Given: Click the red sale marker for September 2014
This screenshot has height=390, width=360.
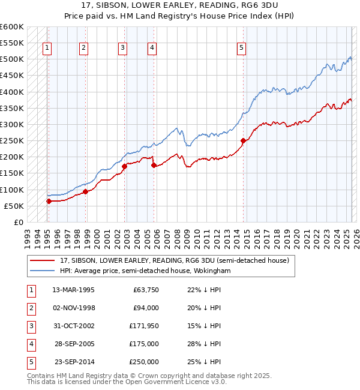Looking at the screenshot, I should coord(243,141).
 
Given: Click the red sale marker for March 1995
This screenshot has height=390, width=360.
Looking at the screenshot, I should coord(49,202).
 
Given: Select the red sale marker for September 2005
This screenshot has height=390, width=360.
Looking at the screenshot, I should coord(154,165).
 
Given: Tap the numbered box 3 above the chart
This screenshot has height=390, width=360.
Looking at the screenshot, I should coord(122,49).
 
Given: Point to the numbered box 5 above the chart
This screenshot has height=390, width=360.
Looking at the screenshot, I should coord(241,49).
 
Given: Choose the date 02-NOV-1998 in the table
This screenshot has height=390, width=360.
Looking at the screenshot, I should coord(74,308).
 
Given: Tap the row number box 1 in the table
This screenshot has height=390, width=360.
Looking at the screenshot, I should coord(31,290).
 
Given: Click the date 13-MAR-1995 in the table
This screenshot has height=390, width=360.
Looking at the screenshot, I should coord(74,290).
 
